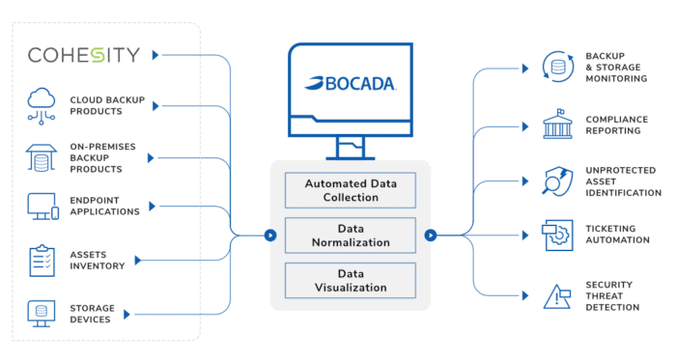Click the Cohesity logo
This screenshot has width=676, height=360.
pos(83,55)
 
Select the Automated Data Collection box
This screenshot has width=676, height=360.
pos(351,190)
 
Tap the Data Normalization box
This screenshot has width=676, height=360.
pos(351,234)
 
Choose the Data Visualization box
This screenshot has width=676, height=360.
pos(351,280)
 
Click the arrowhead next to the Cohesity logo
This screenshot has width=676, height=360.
pos(157,54)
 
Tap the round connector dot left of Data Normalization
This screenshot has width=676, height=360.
pos(271,234)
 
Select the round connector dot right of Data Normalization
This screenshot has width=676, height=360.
pos(430,234)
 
